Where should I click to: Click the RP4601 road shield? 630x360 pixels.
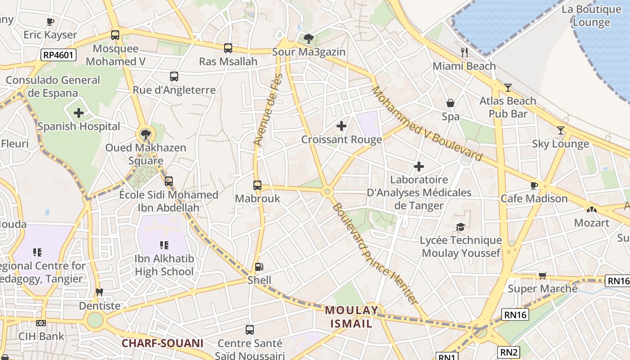pyautogui.click(x=58, y=55)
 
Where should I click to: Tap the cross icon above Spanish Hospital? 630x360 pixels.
pyautogui.click(x=79, y=112)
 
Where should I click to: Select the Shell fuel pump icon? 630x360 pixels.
pyautogui.click(x=259, y=267)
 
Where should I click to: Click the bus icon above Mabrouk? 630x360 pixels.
pyautogui.click(x=257, y=185)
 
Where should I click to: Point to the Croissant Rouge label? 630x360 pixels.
pyautogui.click(x=342, y=139)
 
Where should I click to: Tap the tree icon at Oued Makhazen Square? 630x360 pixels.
pyautogui.click(x=145, y=134)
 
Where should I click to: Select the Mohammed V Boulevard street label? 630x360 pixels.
pyautogui.click(x=427, y=124)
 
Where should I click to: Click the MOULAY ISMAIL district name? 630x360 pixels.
pyautogui.click(x=352, y=317)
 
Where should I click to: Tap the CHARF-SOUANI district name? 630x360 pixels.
pyautogui.click(x=162, y=343)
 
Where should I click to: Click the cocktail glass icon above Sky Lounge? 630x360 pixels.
pyautogui.click(x=560, y=130)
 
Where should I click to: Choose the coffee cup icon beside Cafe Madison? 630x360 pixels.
pyautogui.click(x=534, y=185)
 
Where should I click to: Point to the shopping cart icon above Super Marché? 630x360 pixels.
pyautogui.click(x=543, y=275)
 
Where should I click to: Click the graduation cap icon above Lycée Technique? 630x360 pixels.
pyautogui.click(x=460, y=227)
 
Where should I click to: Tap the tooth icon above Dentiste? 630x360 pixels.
pyautogui.click(x=100, y=292)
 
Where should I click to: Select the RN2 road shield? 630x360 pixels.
pyautogui.click(x=508, y=351)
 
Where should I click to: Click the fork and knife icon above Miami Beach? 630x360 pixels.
pyautogui.click(x=464, y=53)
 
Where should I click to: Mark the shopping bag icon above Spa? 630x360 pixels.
pyautogui.click(x=450, y=103)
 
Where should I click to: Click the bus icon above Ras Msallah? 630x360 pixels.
pyautogui.click(x=228, y=48)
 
